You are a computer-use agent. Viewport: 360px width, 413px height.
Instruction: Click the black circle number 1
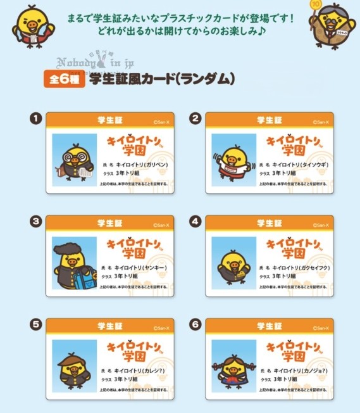[x=37, y=118]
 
